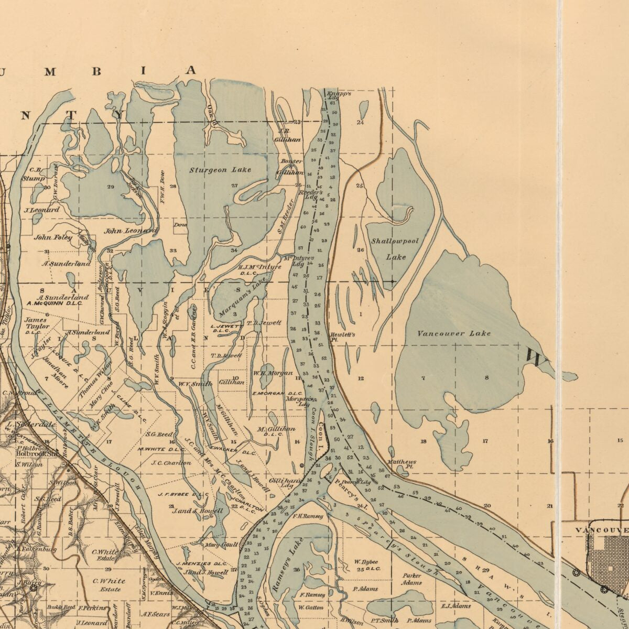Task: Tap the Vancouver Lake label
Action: (x=454, y=333)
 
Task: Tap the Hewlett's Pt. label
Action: (x=342, y=337)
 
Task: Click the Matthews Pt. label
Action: (x=401, y=464)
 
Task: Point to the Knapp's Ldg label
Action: (x=335, y=96)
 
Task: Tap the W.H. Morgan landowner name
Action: (x=273, y=373)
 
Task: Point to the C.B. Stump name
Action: (x=34, y=174)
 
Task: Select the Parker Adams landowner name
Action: (x=411, y=579)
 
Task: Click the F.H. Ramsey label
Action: (x=308, y=516)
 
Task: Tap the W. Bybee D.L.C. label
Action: (x=366, y=566)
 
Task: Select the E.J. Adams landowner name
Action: (x=456, y=606)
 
